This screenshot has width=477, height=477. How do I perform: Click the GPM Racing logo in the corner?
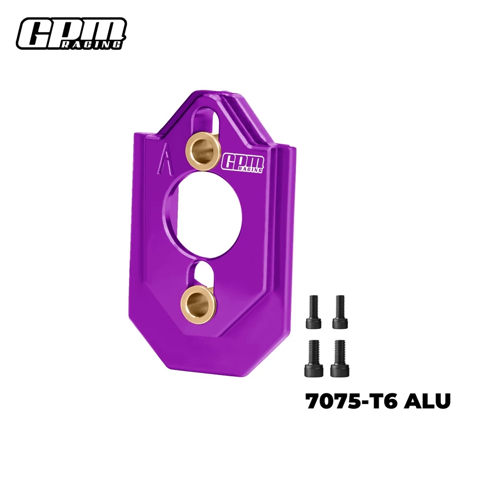(71, 34)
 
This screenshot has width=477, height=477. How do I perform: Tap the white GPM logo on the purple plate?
(244, 162)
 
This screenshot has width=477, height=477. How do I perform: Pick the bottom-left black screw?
(313, 358)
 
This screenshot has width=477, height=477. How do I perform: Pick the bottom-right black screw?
(340, 358)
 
